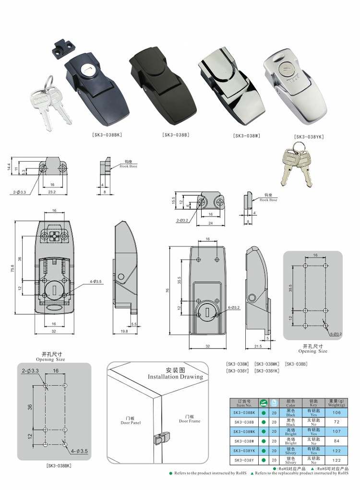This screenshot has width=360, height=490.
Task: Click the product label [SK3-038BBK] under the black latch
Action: click(x=107, y=135)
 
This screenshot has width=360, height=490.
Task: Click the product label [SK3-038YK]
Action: click(x=309, y=137)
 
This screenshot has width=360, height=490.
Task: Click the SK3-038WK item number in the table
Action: click(x=245, y=431)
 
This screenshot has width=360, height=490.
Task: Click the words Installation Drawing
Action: click(x=175, y=377)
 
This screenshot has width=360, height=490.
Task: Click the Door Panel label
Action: click(x=130, y=421)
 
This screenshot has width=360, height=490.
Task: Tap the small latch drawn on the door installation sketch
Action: click(x=160, y=438)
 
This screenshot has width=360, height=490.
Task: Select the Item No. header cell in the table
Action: click(x=245, y=403)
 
